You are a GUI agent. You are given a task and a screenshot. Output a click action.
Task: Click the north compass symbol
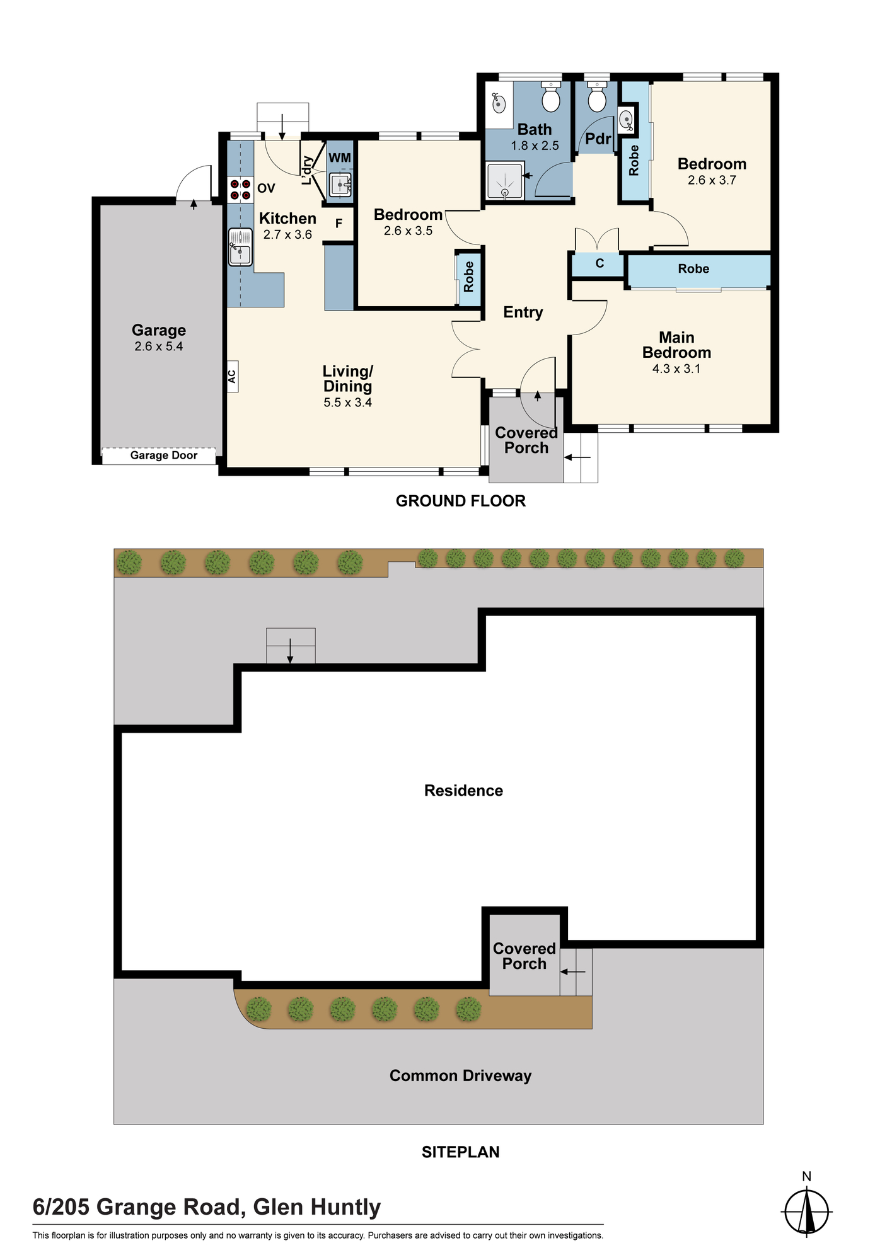click(x=807, y=1210)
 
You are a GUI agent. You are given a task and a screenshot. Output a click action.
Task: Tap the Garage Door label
click(x=164, y=455)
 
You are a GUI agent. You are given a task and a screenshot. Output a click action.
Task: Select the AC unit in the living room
click(x=233, y=377)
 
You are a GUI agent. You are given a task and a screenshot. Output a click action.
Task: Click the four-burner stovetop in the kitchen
click(x=240, y=190)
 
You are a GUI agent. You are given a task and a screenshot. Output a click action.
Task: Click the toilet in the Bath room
click(x=551, y=96)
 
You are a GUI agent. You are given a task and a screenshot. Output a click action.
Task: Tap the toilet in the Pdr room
click(x=596, y=96)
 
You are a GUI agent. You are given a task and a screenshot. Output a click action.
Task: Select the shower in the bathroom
click(x=504, y=181)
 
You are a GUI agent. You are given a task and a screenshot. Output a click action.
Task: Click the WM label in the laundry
click(x=340, y=158)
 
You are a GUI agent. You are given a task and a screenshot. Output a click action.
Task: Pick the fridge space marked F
click(x=339, y=223)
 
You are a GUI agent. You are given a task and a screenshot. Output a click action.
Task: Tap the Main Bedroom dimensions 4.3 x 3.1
click(x=676, y=369)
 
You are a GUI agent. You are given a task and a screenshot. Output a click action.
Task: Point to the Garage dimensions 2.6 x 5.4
click(x=159, y=346)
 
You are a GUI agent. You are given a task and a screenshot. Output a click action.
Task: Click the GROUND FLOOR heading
click(x=461, y=501)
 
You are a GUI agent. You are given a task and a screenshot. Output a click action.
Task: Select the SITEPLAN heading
click(x=461, y=1152)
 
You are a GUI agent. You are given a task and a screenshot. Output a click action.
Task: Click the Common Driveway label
click(x=461, y=1076)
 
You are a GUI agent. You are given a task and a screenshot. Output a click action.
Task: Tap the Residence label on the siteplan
click(x=464, y=791)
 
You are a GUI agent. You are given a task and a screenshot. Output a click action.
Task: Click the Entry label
click(x=523, y=312)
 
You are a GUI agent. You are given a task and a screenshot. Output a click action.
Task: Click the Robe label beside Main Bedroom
click(x=693, y=269)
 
